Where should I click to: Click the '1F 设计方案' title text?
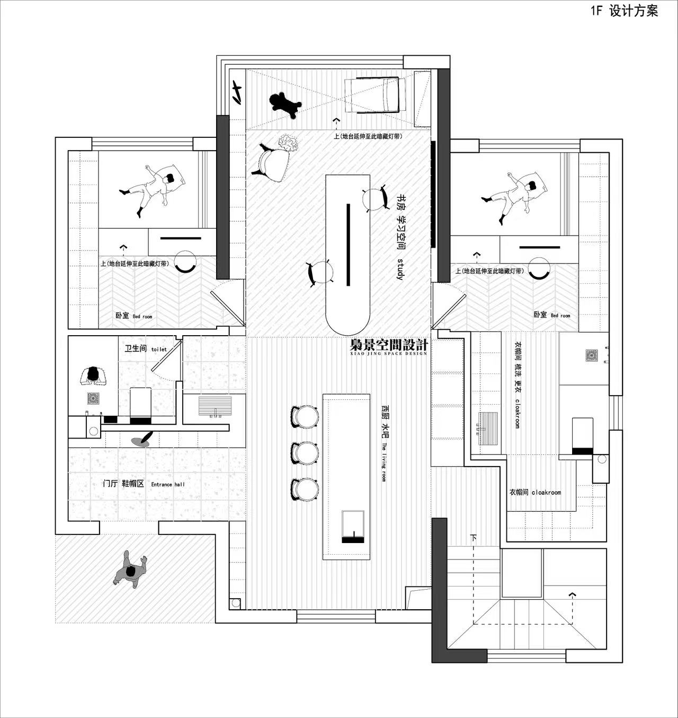coord(625,11)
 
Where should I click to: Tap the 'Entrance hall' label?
coord(168,485)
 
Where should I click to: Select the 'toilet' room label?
coord(159,349)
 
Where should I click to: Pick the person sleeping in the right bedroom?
coord(514,196)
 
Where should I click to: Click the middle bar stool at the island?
coord(305,453)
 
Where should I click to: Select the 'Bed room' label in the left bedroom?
coord(142,316)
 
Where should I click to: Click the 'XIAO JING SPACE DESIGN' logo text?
coord(388,354)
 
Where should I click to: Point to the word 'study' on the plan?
coord(399,269)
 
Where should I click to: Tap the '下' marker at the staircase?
coord(474,538)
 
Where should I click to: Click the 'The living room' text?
coord(383,462)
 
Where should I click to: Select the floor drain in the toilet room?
coord(93,398)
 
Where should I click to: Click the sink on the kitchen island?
coord(353,526)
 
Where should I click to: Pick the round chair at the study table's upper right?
coord(375,198)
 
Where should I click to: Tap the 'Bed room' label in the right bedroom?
coord(560,316)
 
